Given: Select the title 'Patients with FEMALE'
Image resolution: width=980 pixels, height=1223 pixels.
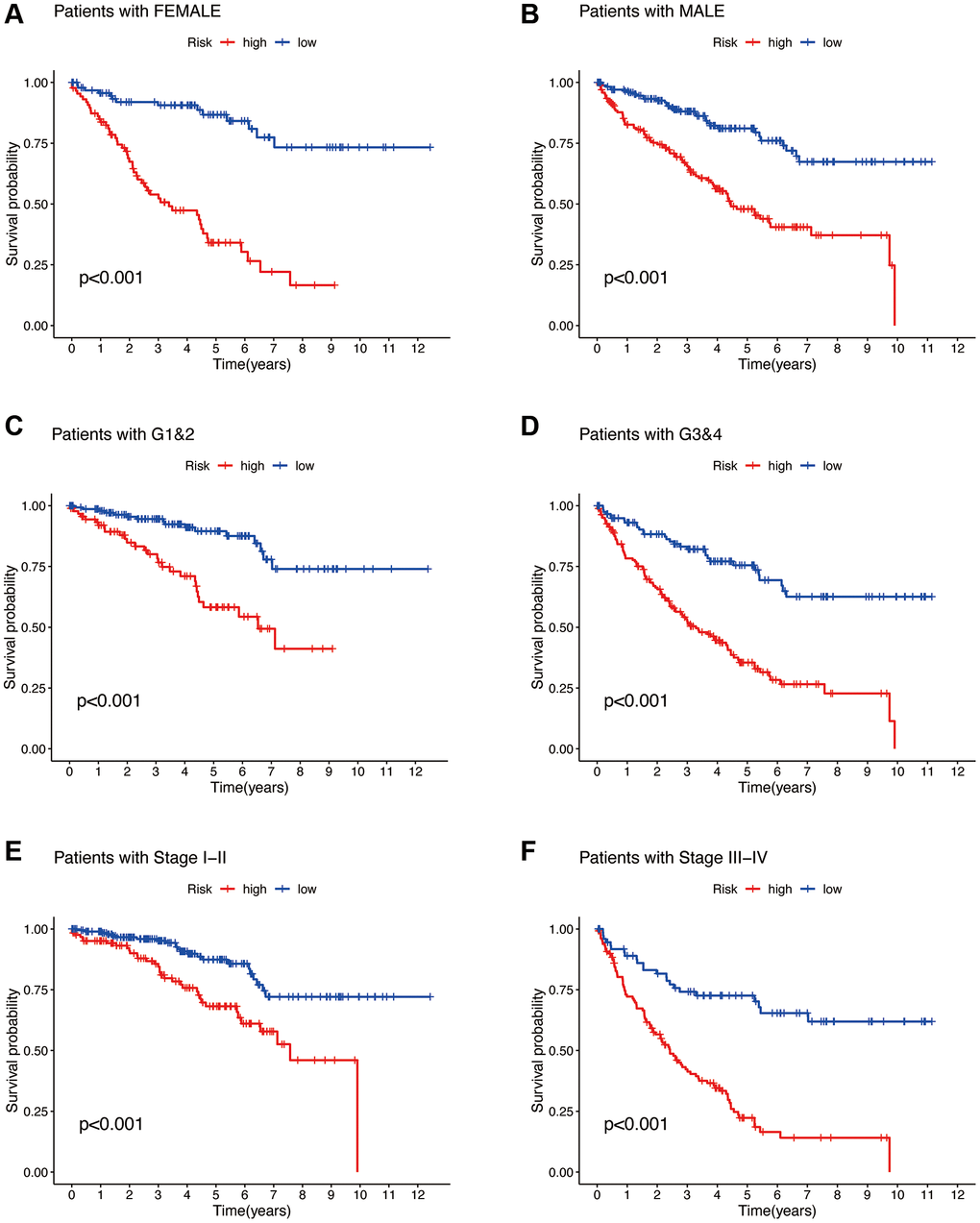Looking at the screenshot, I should [x=136, y=12].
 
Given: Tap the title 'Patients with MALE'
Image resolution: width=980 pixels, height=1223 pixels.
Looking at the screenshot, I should [x=651, y=12].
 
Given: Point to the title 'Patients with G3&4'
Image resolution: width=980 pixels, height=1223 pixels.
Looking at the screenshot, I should [x=650, y=435].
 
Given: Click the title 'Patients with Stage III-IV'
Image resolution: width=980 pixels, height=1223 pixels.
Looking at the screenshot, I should [x=673, y=858].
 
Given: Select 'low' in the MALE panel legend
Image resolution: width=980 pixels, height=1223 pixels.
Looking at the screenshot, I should [x=832, y=42].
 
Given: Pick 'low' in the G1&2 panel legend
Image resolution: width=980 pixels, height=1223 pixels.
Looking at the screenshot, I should [x=305, y=466].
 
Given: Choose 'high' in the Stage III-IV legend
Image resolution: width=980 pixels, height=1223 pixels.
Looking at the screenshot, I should [x=780, y=889].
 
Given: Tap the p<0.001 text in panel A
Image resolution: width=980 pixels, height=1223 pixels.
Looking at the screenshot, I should [x=110, y=279].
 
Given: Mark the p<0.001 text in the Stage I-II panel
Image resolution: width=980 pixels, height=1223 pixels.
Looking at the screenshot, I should [x=110, y=1124].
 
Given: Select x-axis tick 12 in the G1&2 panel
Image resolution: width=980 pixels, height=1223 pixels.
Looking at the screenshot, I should [x=415, y=770].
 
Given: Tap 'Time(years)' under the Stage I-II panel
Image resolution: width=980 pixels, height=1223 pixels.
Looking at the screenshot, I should [x=252, y=1211].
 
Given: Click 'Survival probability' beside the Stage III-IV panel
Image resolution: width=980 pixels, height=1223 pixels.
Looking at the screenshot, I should [x=538, y=1051].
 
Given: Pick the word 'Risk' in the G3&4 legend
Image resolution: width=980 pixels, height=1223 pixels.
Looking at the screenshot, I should [x=725, y=466].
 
